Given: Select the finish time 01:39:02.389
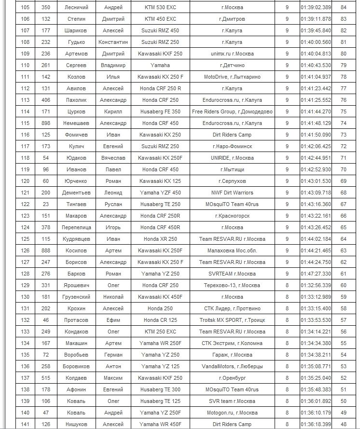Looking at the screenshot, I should pos(316,7).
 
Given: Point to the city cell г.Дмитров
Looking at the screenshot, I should pos(232,19).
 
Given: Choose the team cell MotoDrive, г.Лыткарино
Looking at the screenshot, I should pos(232,77).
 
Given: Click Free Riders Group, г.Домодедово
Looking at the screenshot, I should pos(232,111).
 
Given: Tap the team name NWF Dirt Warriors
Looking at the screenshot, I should pos(232,193).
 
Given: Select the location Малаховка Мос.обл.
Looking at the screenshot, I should pos(232,250).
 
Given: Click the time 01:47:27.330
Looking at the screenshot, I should pos(316,274).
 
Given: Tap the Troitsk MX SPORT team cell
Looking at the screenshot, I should pos(232,320).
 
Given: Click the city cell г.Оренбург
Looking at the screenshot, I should pos(232,378).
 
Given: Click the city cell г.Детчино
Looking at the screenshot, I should pos(232,65).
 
